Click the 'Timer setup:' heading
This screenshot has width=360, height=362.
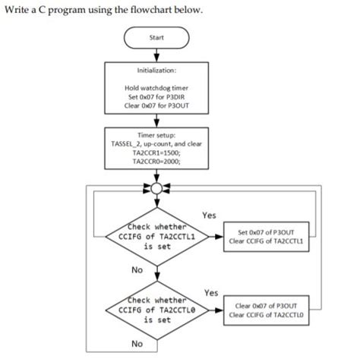[156, 134]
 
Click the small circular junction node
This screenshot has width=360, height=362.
[156, 187]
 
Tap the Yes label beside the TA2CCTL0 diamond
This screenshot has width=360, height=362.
[211, 292]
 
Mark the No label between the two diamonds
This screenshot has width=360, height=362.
[137, 269]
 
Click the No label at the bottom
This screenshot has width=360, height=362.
[137, 344]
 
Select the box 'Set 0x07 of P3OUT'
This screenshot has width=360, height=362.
[269, 237]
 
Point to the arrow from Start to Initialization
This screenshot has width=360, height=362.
[156, 53]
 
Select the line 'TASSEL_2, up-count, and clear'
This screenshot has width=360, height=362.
[156, 143]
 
